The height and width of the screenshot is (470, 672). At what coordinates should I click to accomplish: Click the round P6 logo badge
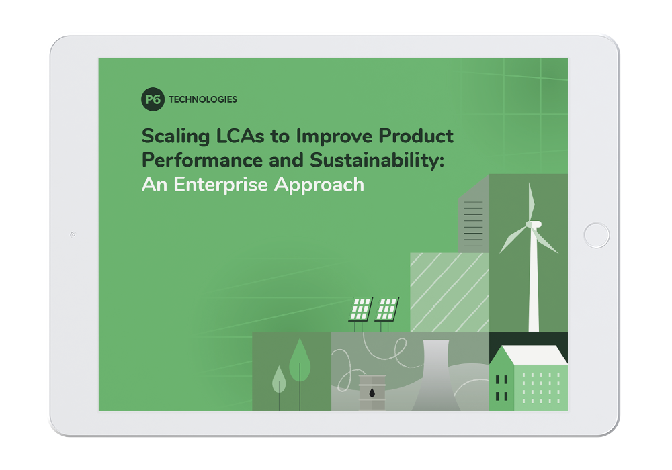click(153, 99)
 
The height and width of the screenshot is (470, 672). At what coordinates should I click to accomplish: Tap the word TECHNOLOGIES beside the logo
click(203, 99)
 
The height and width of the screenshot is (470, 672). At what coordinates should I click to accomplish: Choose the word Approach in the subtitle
click(325, 184)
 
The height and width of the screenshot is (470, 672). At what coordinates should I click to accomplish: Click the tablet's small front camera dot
click(73, 234)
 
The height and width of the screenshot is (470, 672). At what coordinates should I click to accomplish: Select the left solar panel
click(361, 308)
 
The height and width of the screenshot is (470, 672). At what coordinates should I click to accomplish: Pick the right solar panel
click(386, 308)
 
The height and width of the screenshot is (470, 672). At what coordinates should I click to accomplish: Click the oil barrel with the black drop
click(372, 391)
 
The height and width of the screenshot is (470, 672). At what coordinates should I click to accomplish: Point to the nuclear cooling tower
click(435, 379)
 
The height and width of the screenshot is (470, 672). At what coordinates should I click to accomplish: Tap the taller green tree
click(299, 363)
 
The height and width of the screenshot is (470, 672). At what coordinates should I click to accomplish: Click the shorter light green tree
click(278, 380)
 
